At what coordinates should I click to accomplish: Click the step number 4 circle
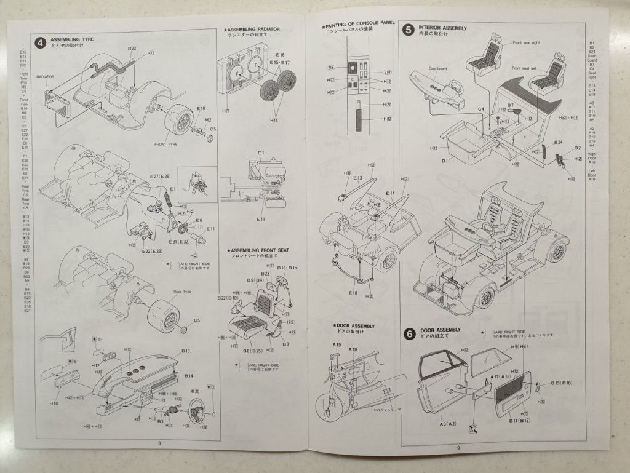click(40, 42)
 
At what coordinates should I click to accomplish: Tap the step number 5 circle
click(409, 30)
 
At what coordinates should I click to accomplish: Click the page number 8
click(159, 443)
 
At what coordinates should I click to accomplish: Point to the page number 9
click(458, 447)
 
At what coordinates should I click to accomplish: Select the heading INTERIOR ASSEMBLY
click(442, 28)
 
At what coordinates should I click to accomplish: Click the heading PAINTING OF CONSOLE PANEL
click(357, 24)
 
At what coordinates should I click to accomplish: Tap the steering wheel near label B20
click(197, 407)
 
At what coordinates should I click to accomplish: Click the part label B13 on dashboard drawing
click(186, 351)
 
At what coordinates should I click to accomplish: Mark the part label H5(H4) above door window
click(520, 347)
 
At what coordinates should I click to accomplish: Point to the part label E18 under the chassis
click(352, 292)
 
